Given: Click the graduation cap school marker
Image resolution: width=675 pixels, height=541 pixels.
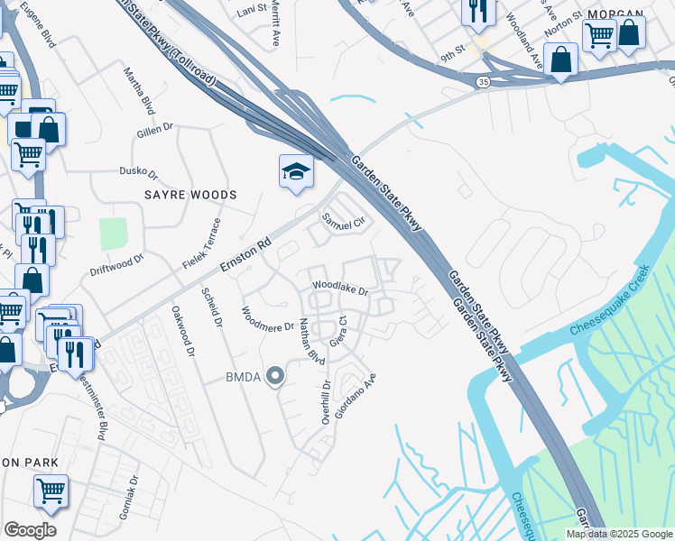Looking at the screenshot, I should tap(295, 171).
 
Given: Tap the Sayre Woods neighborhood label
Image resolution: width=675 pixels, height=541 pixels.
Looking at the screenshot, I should tap(190, 195).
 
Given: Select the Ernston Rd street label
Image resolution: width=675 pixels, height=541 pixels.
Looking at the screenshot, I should tap(245, 256).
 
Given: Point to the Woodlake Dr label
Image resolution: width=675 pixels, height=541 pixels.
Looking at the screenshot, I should tap(341, 288).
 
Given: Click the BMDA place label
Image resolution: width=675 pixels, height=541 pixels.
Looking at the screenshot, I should tap(243, 377).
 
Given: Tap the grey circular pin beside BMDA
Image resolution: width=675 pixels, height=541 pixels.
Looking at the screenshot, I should tap(273, 377).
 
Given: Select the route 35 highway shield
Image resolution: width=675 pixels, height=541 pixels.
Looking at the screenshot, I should tap(484, 82).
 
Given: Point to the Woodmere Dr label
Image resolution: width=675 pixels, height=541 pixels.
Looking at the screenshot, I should tap(268, 319).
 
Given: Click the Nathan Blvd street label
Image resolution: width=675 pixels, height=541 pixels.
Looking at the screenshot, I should tap(312, 341).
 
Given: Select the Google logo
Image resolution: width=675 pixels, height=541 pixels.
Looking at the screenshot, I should tap(30, 530).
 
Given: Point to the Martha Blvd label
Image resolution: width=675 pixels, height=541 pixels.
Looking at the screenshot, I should tap(138, 90).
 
